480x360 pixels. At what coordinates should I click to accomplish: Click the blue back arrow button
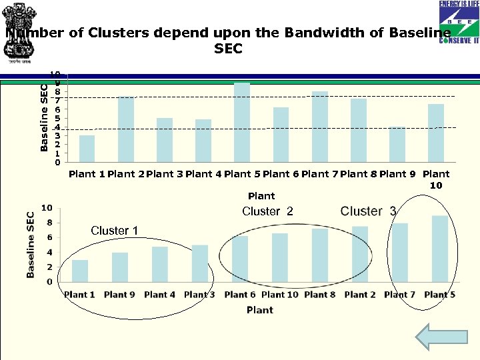pos(432,337)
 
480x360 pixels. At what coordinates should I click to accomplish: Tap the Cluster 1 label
pos(114,231)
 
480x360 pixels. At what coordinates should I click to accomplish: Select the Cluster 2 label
pos(267,211)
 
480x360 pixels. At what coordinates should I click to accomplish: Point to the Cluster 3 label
pos(368,211)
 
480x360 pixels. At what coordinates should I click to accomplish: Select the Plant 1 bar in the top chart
pos(87,149)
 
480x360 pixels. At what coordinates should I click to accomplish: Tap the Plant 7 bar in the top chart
pos(320,127)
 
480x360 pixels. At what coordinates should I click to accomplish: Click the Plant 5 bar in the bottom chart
pos(440,249)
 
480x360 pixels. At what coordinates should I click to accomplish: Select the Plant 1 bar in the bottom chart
pos(80,271)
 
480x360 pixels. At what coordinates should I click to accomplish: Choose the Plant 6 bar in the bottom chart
pos(240,259)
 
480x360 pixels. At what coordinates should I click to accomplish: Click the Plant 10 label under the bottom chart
pos(280,294)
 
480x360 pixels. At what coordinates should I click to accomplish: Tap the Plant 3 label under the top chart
pos(165,174)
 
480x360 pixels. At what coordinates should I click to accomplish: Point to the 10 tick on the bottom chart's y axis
pos(47,208)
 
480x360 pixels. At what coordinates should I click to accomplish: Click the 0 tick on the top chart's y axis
pos(57,162)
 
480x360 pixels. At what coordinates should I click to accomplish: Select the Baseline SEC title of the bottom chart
pos(31,245)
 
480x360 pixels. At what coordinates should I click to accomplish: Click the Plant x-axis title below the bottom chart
pos(260,310)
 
